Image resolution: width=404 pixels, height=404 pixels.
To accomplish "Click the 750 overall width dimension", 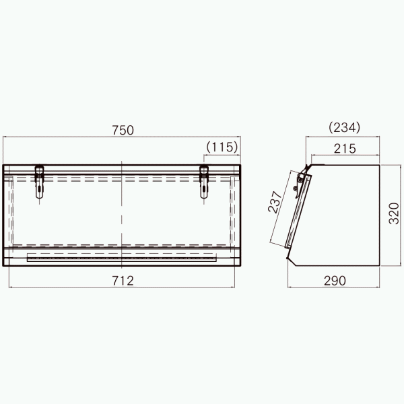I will pyautogui.click(x=123, y=131).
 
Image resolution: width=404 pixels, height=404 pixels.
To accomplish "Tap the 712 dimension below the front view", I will pyautogui.click(x=123, y=281).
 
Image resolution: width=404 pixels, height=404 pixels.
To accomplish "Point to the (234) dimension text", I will pyautogui.click(x=345, y=127).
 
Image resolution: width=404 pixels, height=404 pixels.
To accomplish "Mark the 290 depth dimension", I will pyautogui.click(x=334, y=281).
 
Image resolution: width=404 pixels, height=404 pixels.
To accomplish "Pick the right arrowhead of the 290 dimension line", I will pyautogui.click(x=381, y=288).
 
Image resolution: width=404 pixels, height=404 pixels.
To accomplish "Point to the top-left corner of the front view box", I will pyautogui.click(x=3, y=164).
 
